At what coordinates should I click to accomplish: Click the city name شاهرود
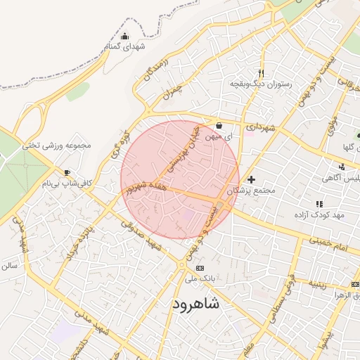pyautogui.click(x=195, y=303)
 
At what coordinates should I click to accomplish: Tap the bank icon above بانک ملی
pyautogui.click(x=200, y=268)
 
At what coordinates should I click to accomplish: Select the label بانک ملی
pyautogui.click(x=199, y=278)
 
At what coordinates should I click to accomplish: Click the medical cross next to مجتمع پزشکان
pyautogui.click(x=251, y=179)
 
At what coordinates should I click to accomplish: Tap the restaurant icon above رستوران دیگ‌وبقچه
pyautogui.click(x=262, y=73)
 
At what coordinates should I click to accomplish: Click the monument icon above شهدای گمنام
pyautogui.click(x=125, y=37)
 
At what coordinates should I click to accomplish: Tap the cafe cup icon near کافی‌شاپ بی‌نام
pyautogui.click(x=67, y=172)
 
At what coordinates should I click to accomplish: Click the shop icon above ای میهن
pyautogui.click(x=219, y=126)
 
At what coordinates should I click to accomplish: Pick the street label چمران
pyautogui.click(x=171, y=89)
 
